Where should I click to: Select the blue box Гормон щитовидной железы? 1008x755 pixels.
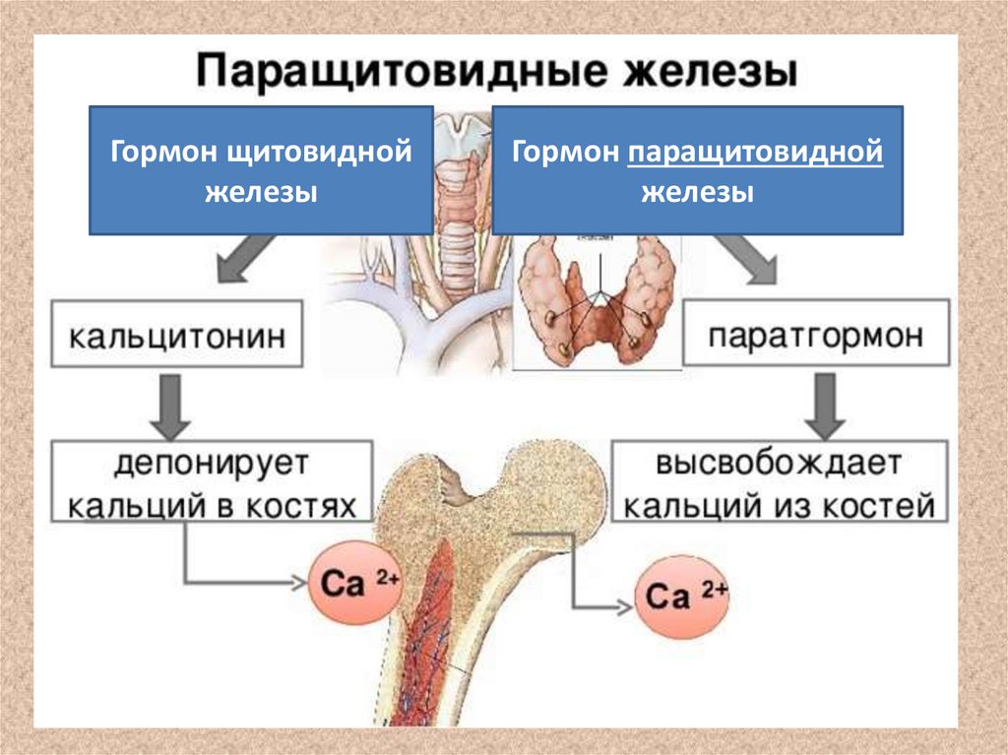pyautogui.click(x=261, y=170)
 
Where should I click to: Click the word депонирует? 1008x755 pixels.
pyautogui.click(x=211, y=464)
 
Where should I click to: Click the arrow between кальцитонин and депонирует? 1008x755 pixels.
pyautogui.click(x=170, y=405)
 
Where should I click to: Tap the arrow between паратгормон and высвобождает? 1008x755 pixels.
pyautogui.click(x=823, y=405)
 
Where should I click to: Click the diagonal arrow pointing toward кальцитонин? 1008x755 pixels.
pyautogui.click(x=235, y=262)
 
